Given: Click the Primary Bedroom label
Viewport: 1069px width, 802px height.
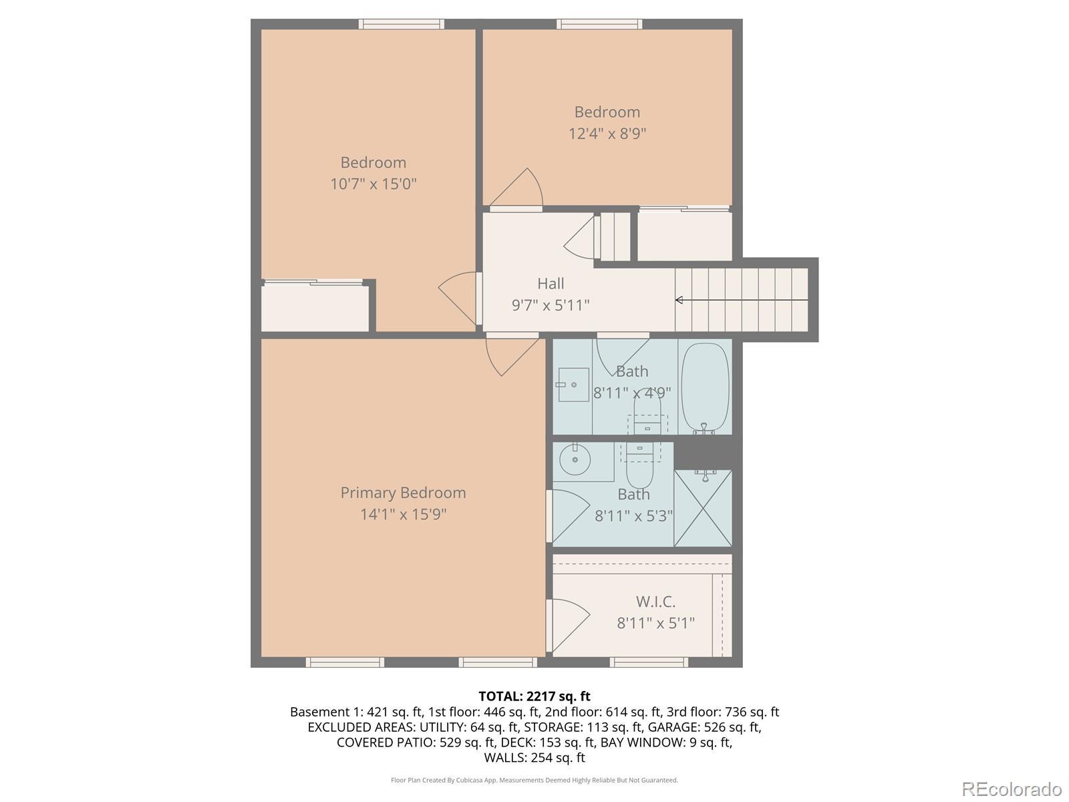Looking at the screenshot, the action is point(403,493).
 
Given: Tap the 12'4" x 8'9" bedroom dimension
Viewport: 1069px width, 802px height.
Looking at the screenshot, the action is point(607,134).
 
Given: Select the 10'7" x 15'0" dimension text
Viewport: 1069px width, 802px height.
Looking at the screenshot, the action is point(373,184).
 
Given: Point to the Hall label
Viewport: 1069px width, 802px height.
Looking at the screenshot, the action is point(551,283).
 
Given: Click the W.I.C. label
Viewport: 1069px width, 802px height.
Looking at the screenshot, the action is point(655,602).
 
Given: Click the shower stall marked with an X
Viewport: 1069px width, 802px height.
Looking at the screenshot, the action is point(703,508).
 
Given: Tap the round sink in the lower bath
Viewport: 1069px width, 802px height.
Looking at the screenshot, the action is point(575,459).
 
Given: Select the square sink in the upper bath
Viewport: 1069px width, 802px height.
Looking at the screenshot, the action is point(573,384).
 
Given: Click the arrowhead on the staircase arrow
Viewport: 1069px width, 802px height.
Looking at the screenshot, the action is point(678,300).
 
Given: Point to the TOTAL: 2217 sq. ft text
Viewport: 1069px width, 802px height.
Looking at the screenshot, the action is point(534,696).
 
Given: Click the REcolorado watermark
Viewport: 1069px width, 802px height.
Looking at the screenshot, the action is point(1012,789).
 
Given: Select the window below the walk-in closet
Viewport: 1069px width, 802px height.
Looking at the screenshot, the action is point(649,662).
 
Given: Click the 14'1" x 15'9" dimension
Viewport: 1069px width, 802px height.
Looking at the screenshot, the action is point(403,514).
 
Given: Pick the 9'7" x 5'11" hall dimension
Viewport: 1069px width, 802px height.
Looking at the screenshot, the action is point(551,305).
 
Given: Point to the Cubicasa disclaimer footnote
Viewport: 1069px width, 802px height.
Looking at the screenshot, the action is point(534,780).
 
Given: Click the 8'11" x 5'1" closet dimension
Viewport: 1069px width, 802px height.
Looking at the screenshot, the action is point(655,624).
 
